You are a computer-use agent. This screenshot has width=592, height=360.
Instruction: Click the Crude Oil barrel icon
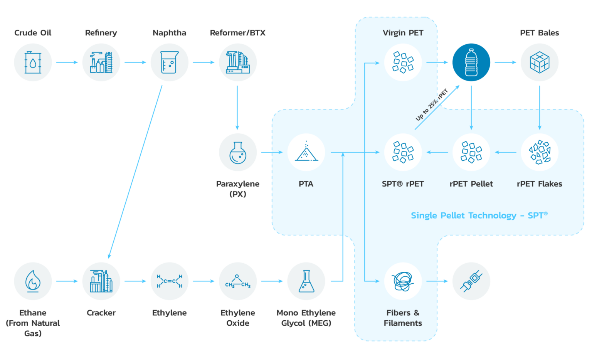coord(33,62)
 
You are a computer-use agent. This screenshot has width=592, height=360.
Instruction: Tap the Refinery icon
coord(101,62)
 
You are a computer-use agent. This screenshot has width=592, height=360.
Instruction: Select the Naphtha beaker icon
coord(169,62)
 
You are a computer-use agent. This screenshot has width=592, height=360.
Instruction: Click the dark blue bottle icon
coord(471,62)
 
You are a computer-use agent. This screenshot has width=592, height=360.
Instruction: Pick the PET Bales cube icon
coord(539,62)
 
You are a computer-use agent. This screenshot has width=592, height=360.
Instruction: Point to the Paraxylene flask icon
coord(238,153)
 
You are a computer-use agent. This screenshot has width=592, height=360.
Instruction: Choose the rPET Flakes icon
coord(539,153)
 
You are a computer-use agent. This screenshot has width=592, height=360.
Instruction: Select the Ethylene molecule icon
coord(169,281)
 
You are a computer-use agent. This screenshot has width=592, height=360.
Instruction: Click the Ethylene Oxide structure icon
coord(238,281)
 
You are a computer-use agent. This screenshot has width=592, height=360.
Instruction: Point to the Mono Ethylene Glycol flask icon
coord(306,281)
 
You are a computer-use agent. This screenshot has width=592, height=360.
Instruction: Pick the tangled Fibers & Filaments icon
coord(403,281)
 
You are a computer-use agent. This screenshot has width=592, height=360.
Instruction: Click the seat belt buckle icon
coord(471,281)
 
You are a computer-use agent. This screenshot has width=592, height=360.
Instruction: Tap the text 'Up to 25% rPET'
coord(432,105)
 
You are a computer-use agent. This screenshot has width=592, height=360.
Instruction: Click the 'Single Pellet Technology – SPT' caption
coord(479,215)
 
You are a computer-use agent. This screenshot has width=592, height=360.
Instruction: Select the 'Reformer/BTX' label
coord(237,33)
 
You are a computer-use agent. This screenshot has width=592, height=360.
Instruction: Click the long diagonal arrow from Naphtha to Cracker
coord(135,172)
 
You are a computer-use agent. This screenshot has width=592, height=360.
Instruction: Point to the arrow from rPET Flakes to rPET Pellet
coord(505,153)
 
